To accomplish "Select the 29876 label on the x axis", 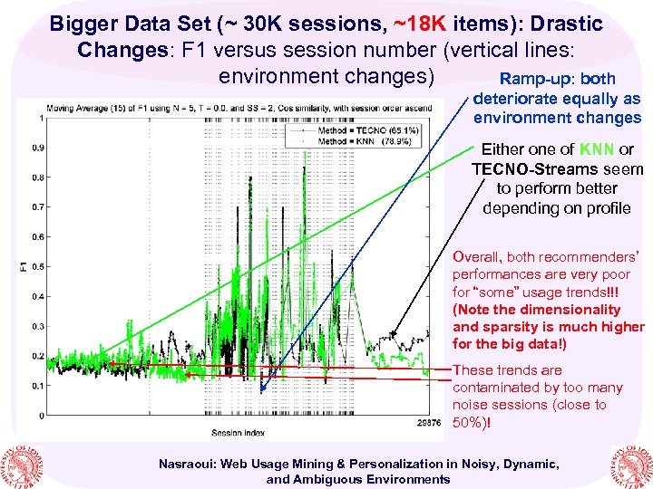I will [427, 422].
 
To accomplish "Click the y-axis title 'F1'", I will [22, 266].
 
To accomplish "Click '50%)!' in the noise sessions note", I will [473, 422].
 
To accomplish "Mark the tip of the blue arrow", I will [262, 391].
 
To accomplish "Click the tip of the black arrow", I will [390, 334].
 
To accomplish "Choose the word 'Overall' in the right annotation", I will [474, 256].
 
